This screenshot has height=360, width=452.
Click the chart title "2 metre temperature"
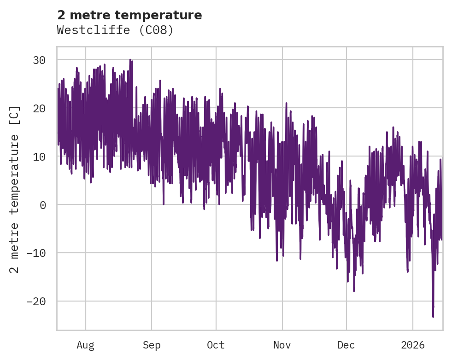129,15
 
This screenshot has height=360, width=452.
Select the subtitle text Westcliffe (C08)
115,30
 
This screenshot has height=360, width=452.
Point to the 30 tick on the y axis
39,60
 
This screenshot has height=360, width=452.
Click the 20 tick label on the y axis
39,109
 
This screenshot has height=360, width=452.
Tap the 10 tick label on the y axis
39,157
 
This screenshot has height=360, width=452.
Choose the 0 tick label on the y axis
43,205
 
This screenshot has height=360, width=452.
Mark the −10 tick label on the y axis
36,253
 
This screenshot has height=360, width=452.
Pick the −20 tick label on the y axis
36,302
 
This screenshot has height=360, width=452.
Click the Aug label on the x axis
85,345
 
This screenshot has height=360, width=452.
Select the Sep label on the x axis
151,345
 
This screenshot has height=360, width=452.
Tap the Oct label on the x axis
216,345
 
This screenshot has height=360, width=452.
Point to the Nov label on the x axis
282,345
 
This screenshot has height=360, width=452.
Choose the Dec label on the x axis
346,345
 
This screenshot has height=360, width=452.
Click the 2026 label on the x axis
413,345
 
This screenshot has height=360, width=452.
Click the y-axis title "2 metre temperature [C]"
15,189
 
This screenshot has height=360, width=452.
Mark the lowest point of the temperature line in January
433,316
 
